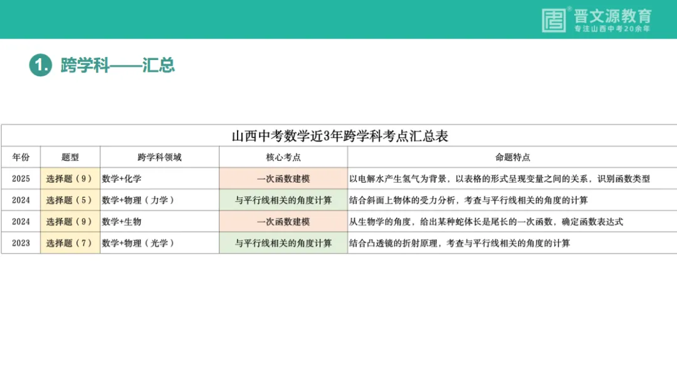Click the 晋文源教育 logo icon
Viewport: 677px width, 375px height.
(x=554, y=20)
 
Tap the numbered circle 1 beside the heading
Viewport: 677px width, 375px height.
(x=40, y=64)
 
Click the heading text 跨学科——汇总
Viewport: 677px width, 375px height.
(x=117, y=64)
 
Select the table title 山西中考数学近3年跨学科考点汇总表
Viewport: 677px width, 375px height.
(x=340, y=136)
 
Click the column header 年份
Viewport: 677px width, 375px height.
(x=21, y=157)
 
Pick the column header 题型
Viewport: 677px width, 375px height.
(x=70, y=157)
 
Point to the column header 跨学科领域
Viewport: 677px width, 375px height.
(x=159, y=157)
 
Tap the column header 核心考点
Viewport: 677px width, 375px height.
(x=283, y=157)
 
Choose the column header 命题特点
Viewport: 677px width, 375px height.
(x=512, y=157)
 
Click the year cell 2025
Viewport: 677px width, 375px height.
(x=21, y=178)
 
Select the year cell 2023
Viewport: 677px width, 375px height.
(x=21, y=243)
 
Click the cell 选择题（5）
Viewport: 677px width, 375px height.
(x=70, y=200)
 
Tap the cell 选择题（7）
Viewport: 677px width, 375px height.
(x=70, y=243)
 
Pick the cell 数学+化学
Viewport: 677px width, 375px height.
(x=122, y=178)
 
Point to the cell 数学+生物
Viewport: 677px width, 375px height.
(x=122, y=222)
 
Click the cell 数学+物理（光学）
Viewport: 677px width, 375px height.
(x=138, y=243)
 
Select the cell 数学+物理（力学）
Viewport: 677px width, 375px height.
(x=138, y=200)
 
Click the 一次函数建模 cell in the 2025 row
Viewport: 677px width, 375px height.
(x=283, y=178)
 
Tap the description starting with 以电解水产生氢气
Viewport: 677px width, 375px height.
(x=500, y=178)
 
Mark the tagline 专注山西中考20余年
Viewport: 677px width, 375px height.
(x=612, y=29)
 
